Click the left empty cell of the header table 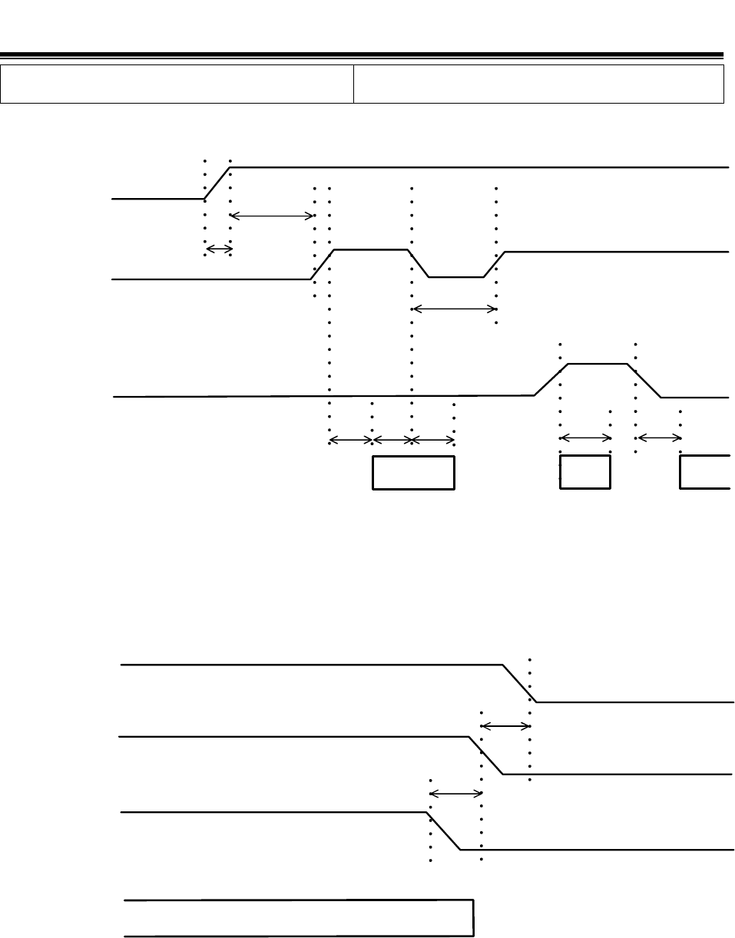tap(177, 84)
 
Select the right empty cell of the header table tap(538, 84)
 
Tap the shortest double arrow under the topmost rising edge tap(218, 249)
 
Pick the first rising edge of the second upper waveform tap(322, 264)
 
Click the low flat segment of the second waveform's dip tap(456, 276)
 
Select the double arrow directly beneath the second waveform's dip tap(455, 309)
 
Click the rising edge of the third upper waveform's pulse tap(551, 380)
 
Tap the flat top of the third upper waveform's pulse tap(598, 364)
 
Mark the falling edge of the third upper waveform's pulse tap(644, 380)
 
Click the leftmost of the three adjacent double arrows tap(351, 440)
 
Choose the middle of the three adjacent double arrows tap(392, 440)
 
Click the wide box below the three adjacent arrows tap(413, 472)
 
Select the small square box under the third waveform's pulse tap(585, 472)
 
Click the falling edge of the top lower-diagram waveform tap(520, 683)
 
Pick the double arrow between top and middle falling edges tap(505, 725)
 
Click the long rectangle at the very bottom tap(299, 917)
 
